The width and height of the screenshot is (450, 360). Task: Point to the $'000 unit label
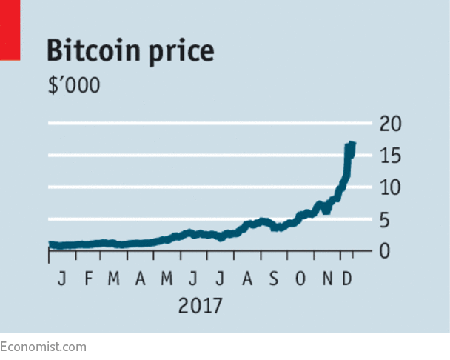[x=73, y=84]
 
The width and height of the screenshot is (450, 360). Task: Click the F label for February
[x=87, y=280]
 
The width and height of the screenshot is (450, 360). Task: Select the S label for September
[x=274, y=280]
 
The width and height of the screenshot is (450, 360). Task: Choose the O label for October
[x=300, y=280]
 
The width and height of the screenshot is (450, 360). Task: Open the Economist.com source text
[x=43, y=347]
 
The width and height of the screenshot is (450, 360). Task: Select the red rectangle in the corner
[x=9, y=30]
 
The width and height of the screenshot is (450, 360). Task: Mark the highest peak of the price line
[x=350, y=144]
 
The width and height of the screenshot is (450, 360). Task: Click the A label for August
[x=247, y=280]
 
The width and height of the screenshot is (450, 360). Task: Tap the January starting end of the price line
[x=50, y=244]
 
